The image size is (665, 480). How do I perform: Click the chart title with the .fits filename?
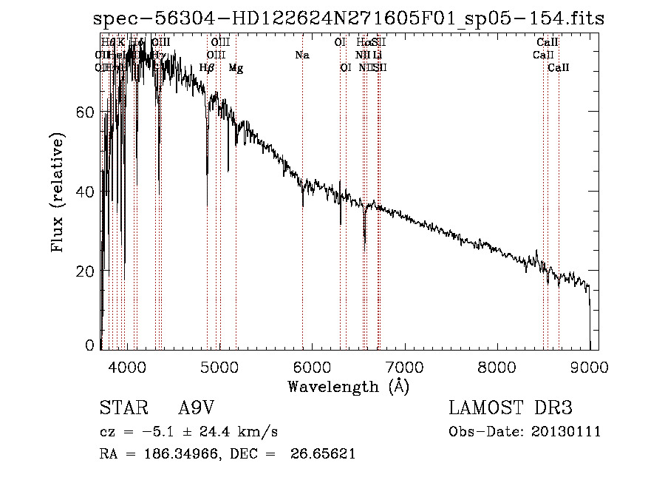click(x=349, y=19)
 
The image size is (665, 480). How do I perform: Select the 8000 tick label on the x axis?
click(x=497, y=365)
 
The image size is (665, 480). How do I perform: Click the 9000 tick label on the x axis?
click(x=589, y=365)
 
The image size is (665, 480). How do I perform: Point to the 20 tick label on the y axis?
click(x=87, y=271)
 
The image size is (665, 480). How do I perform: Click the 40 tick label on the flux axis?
click(x=87, y=192)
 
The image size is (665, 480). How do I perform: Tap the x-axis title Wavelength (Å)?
click(x=348, y=386)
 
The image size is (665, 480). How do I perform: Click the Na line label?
click(x=301, y=55)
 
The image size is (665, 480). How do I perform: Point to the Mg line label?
click(x=236, y=68)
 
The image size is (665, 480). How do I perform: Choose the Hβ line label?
click(x=207, y=68)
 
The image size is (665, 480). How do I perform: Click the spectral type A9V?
click(x=197, y=408)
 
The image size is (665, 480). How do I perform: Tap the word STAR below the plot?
click(x=123, y=408)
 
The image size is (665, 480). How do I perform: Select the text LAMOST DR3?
click(x=511, y=408)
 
